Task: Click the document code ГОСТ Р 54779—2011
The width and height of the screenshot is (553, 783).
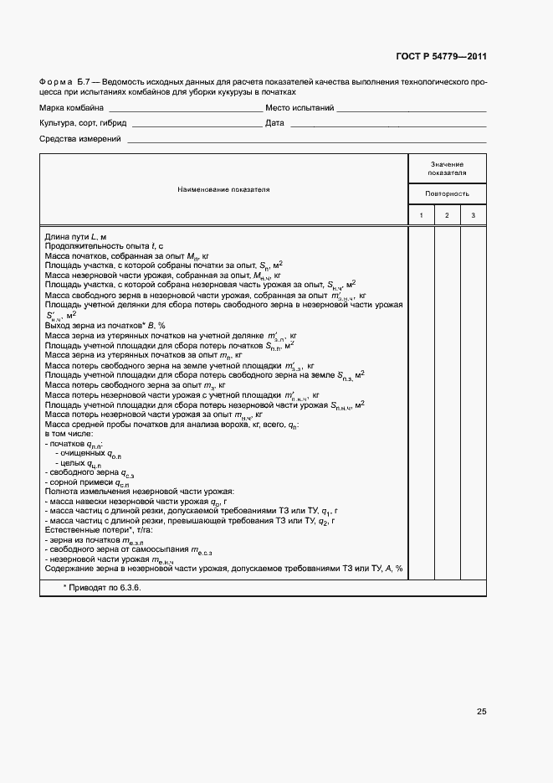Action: pyautogui.click(x=441, y=57)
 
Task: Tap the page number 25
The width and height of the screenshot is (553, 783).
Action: pyautogui.click(x=481, y=712)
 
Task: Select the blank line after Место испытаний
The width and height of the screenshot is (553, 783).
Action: pyautogui.click(x=412, y=111)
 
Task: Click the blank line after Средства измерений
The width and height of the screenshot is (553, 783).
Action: pyautogui.click(x=305, y=141)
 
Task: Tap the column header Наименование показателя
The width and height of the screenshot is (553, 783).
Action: pyautogui.click(x=223, y=190)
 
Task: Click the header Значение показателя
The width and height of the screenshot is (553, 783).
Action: pyautogui.click(x=447, y=169)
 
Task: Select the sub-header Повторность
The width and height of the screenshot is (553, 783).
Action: pyautogui.click(x=447, y=194)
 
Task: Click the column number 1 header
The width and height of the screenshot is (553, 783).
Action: pyautogui.click(x=421, y=216)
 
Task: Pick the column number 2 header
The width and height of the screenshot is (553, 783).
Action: pyautogui.click(x=447, y=216)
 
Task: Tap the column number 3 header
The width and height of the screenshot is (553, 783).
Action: pyautogui.click(x=473, y=216)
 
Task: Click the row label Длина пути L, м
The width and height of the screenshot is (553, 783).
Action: pyautogui.click(x=75, y=238)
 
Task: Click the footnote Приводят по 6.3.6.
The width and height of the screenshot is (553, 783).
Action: pyautogui.click(x=102, y=588)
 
